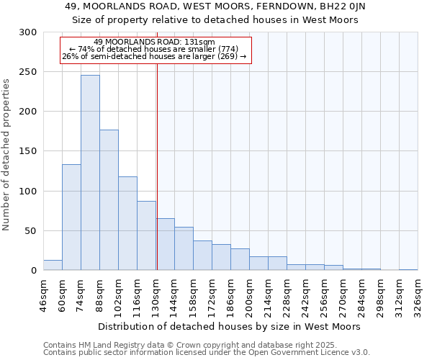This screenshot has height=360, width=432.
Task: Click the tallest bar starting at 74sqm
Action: pyautogui.click(x=90, y=173)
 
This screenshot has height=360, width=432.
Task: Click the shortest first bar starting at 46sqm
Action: pyautogui.click(x=53, y=266)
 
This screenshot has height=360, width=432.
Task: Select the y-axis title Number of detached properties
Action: pyautogui.click(x=7, y=154)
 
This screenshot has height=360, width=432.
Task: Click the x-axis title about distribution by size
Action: pyautogui.click(x=229, y=326)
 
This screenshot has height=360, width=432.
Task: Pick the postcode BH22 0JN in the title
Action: pyautogui.click(x=345, y=6)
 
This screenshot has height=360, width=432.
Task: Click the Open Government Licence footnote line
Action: pyautogui.click(x=207, y=352)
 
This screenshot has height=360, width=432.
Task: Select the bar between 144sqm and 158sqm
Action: pyautogui.click(x=184, y=249)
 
